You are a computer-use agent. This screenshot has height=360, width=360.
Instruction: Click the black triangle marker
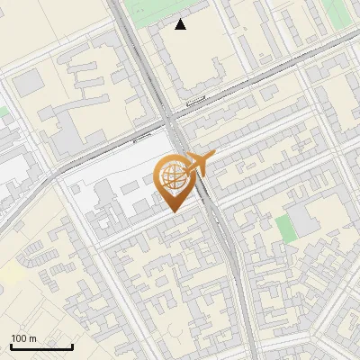point(181,24)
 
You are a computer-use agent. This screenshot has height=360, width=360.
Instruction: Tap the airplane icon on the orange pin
point(199,164)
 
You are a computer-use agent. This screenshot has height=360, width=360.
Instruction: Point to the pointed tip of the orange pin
point(172,211)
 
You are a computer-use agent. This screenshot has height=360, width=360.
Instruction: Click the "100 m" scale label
point(23,339)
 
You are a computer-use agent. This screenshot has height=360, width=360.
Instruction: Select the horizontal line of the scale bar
point(41,347)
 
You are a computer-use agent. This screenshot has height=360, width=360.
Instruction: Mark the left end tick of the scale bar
point(11,346)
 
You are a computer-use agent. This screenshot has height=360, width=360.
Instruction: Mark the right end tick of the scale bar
point(72,346)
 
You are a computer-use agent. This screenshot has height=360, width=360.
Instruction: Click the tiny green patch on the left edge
point(3,112)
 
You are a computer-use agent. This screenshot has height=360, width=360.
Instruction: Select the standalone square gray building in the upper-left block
point(28,82)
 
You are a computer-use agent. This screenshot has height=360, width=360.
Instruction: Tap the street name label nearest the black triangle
point(195,104)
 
